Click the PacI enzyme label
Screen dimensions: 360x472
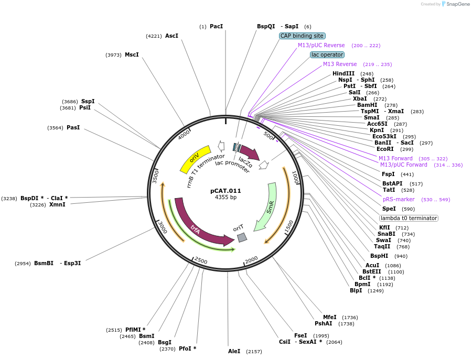tap(216, 26)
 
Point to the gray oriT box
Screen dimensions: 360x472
tap(242, 237)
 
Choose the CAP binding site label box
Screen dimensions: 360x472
tap(302, 36)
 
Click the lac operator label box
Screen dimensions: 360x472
tap(327, 54)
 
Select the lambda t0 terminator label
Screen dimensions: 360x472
tap(409, 218)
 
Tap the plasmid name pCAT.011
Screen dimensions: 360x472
tap(226, 191)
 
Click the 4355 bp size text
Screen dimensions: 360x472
tap(226, 198)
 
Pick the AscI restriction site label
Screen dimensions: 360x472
tap(171, 36)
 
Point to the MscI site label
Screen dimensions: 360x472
tap(132, 54)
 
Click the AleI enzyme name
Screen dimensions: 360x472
tap(234, 351)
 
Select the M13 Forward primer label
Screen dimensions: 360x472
tap(395, 158)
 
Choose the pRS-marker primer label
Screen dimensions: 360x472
tap(399, 199)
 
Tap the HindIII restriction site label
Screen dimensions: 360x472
tap(344, 73)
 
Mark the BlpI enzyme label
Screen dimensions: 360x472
tap(356, 290)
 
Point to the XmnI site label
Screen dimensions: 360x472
tap(57, 204)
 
